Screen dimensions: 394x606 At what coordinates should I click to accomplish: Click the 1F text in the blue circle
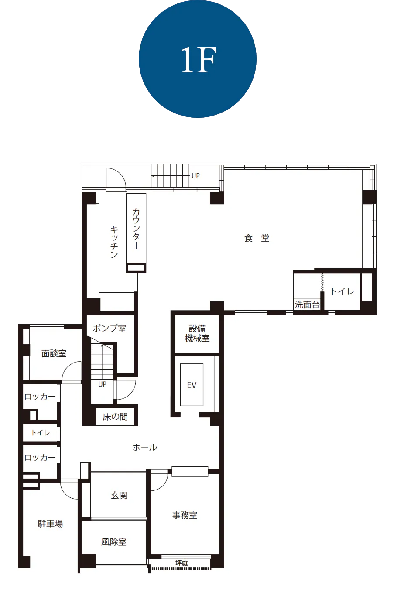199,59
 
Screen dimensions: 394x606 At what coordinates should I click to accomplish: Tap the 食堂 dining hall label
257,238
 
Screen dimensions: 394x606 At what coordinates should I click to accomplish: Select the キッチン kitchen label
114,242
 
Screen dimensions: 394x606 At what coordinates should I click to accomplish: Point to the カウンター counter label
136,229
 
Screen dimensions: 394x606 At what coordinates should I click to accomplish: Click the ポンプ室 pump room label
110,328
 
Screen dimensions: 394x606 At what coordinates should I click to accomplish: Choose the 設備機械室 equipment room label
197,333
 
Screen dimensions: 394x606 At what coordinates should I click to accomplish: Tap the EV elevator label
192,385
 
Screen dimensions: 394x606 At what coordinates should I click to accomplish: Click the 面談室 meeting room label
54,353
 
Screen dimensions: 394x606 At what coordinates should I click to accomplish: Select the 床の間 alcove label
115,417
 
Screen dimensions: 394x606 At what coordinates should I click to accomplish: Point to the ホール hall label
145,447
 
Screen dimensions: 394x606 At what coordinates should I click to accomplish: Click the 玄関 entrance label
119,495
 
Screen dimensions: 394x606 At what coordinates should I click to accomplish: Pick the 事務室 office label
185,515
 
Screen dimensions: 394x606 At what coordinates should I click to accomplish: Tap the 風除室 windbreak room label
113,542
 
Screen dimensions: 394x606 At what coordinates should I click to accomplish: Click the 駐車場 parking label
50,524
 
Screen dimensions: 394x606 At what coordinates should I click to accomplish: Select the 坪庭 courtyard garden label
182,563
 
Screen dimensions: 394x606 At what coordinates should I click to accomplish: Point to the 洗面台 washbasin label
307,305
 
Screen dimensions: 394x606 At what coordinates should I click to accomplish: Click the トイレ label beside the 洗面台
343,291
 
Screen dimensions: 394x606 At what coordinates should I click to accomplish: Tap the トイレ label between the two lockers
41,433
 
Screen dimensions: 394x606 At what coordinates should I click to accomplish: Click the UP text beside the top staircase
195,176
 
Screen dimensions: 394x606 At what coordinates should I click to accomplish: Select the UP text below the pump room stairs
102,384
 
